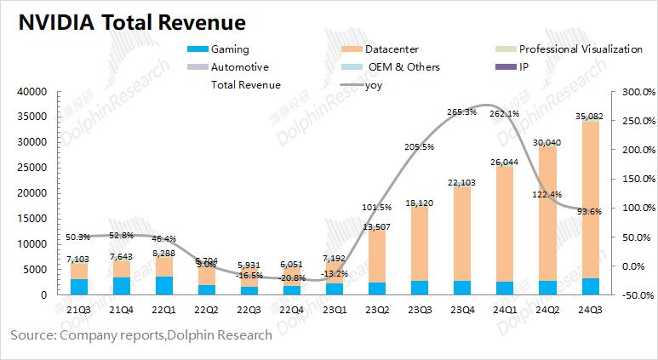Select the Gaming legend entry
(230, 49)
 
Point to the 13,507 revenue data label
(375, 226)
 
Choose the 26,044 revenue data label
(503, 162)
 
